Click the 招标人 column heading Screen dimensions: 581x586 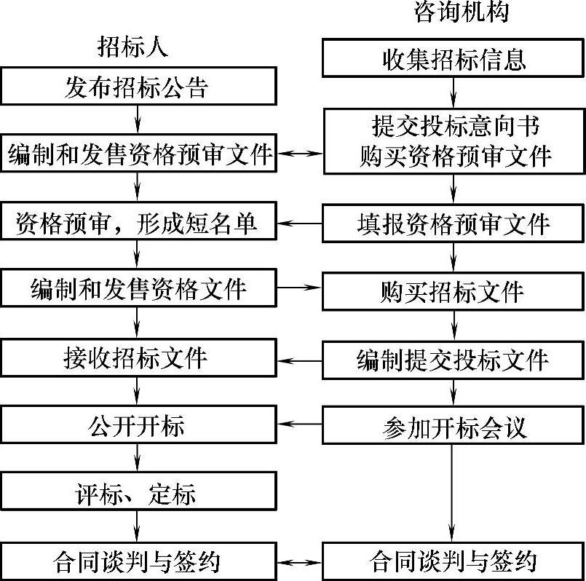(x=133, y=47)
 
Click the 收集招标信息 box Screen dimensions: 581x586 (x=454, y=59)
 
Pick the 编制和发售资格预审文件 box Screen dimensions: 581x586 (x=138, y=154)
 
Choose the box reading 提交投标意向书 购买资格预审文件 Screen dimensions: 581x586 (x=454, y=141)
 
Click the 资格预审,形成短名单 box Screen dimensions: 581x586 (x=138, y=223)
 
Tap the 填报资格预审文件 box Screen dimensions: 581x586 (x=454, y=223)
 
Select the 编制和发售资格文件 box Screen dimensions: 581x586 (x=138, y=289)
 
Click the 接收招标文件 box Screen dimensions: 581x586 (x=138, y=358)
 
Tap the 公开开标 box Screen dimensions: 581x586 (x=138, y=425)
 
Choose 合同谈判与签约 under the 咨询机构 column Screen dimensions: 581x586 (x=454, y=561)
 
